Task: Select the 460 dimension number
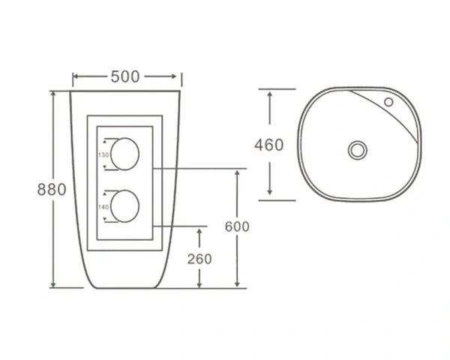(269, 144)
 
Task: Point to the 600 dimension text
(236, 226)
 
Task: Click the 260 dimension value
(199, 259)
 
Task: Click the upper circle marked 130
(125, 153)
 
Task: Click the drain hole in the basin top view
(357, 149)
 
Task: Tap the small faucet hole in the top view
(388, 101)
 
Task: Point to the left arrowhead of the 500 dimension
(75, 76)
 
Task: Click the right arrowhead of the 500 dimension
(178, 76)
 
